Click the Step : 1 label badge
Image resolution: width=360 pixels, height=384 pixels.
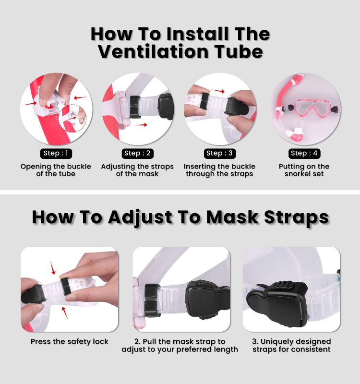[56, 154]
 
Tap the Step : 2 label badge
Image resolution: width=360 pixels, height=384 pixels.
[137, 154]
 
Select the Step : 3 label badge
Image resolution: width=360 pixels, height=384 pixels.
[220, 154]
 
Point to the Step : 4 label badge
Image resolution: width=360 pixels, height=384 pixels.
[304, 154]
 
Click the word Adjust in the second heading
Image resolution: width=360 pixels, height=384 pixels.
[140, 217]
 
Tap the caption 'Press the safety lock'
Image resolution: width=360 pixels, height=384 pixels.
[69, 342]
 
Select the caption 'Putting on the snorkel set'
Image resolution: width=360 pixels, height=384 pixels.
[304, 170]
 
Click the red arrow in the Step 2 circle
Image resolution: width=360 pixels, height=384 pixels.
[141, 125]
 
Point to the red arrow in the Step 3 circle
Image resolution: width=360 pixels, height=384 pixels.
[218, 91]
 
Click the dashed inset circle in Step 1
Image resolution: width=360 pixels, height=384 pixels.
[72, 118]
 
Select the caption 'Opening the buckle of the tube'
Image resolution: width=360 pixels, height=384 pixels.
[56, 170]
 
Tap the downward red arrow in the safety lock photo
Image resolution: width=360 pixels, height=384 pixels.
[53, 268]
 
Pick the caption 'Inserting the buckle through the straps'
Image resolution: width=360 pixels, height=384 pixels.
[220, 170]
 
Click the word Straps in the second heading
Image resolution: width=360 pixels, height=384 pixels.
[297, 217]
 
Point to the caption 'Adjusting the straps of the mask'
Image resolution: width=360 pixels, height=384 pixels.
[137, 170]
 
